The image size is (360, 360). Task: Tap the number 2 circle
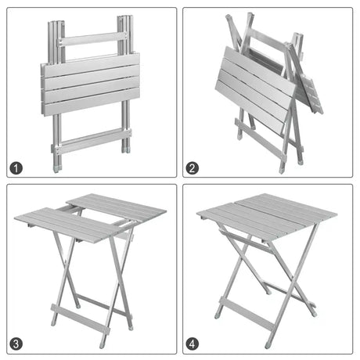pos(193,167)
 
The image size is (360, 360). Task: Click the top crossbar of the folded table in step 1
pos(92,38)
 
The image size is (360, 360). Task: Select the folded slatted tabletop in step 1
pos(89,83)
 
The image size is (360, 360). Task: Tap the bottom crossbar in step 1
pos(90,142)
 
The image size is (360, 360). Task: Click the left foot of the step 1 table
pos(56,167)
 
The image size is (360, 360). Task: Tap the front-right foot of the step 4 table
pos(269,344)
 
